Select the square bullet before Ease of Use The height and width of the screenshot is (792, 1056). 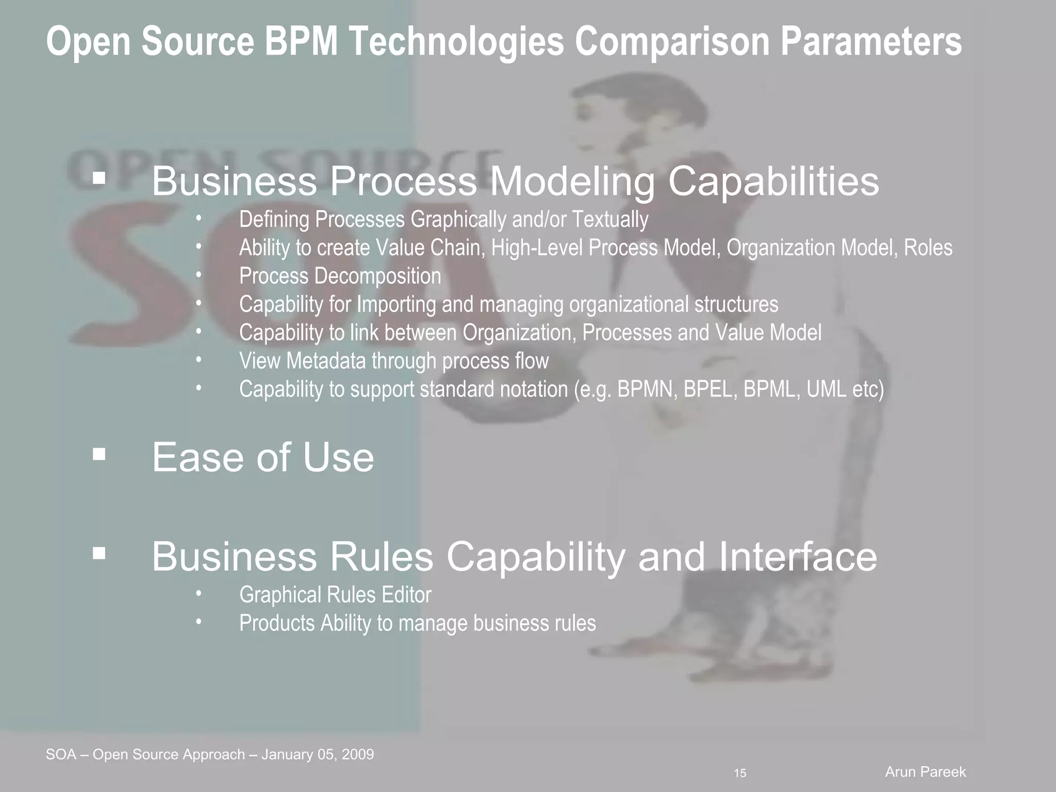[x=99, y=454]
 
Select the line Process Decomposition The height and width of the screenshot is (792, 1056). [x=340, y=276]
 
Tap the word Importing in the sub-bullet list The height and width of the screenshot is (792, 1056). [x=396, y=304]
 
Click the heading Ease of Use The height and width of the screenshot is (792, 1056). [x=262, y=457]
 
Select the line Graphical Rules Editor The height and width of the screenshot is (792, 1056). [x=335, y=595]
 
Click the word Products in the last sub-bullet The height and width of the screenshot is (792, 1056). [x=277, y=623]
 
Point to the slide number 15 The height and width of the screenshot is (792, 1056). [x=740, y=773]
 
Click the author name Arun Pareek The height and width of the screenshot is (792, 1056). [x=925, y=772]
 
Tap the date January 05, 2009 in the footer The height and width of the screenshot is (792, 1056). [x=318, y=754]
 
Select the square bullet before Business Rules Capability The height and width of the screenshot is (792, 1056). [x=99, y=554]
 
